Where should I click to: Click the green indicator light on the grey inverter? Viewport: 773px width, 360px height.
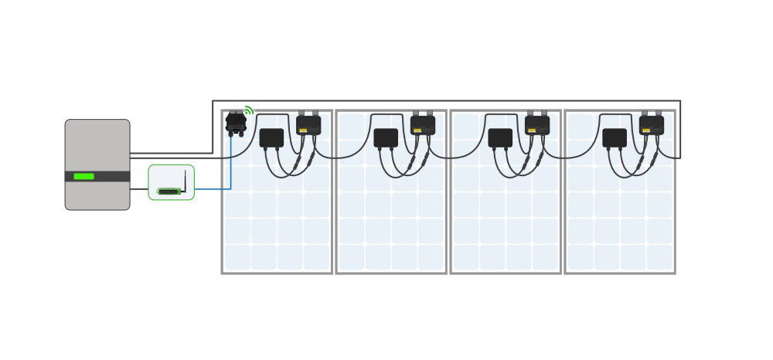pyautogui.click(x=83, y=176)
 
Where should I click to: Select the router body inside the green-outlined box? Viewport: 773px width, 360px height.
pyautogui.click(x=169, y=190)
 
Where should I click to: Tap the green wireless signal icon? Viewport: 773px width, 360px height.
pyautogui.click(x=249, y=110)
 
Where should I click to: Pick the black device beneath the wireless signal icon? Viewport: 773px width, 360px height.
pyautogui.click(x=235, y=123)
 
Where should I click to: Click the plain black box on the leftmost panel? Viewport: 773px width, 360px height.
pyautogui.click(x=271, y=138)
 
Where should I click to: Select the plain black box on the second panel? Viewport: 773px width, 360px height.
pyautogui.click(x=386, y=138)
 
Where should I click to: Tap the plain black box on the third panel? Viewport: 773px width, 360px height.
pyautogui.click(x=500, y=138)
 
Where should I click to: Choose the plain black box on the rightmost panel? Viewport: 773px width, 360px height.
pyautogui.click(x=615, y=138)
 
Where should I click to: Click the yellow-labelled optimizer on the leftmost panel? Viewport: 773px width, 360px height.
pyautogui.click(x=308, y=125)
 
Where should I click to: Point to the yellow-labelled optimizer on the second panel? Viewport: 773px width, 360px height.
pyautogui.click(x=423, y=125)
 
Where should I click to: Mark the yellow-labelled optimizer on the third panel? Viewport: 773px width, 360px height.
pyautogui.click(x=537, y=125)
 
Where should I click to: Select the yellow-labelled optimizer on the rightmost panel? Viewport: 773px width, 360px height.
pyautogui.click(x=652, y=125)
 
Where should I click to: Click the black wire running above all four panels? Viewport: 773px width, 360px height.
pyautogui.click(x=448, y=100)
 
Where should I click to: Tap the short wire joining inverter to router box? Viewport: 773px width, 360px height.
pyautogui.click(x=139, y=188)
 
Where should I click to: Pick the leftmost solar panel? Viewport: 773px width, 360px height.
pyautogui.click(x=277, y=224)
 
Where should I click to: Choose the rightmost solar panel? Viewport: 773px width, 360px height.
pyautogui.click(x=620, y=224)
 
